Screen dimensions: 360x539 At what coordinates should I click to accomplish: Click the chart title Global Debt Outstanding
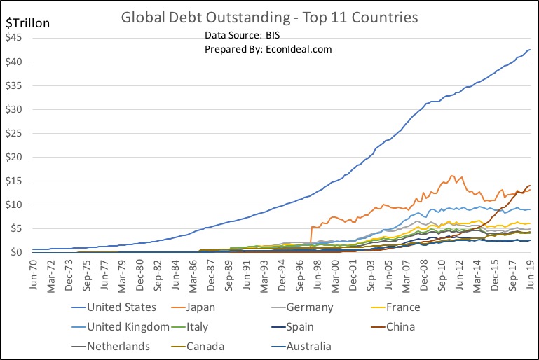269,17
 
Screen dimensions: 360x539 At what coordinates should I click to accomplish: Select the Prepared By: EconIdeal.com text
268,49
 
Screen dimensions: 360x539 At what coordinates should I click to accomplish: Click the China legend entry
420,326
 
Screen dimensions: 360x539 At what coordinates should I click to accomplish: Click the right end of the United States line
530,50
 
